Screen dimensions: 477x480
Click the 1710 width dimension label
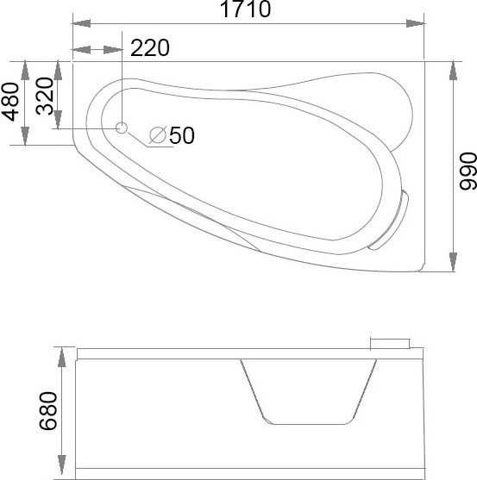click(245, 9)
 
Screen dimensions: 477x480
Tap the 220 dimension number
click(150, 47)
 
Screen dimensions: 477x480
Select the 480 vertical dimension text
click(10, 102)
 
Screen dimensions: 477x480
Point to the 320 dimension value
click(44, 96)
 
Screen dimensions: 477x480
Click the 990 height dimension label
click(468, 171)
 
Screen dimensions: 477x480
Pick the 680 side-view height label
click(48, 411)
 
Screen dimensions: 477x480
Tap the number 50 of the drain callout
click(182, 135)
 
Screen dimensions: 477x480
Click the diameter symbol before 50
click(158, 135)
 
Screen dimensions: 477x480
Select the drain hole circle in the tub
click(122, 128)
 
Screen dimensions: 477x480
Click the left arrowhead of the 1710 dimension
click(81, 23)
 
